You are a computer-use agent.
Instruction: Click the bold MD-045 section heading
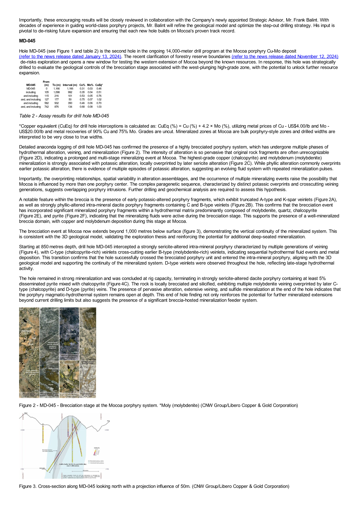coord(27,41)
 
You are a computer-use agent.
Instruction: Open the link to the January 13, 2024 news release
coord(70,57)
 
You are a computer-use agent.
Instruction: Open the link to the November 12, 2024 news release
coord(285,57)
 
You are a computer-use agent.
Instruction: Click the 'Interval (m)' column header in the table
coord(70,85)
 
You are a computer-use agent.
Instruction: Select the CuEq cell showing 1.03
coord(99,107)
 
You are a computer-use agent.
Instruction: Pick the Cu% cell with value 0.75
coord(82,99)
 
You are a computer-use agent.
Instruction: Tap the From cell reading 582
coord(47,103)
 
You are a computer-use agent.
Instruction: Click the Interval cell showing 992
coord(70,92)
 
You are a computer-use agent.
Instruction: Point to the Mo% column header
coord(90,85)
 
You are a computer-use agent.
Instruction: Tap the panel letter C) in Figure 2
coord(61,310)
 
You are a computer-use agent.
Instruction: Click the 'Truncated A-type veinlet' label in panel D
coord(90,315)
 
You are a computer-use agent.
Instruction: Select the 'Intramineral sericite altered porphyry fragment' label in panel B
coord(53,345)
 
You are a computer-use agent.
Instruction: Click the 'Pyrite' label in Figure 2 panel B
coord(51,384)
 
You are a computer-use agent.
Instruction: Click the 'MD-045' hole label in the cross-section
coord(42,468)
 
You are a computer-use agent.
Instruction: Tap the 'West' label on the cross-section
coord(26,413)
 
